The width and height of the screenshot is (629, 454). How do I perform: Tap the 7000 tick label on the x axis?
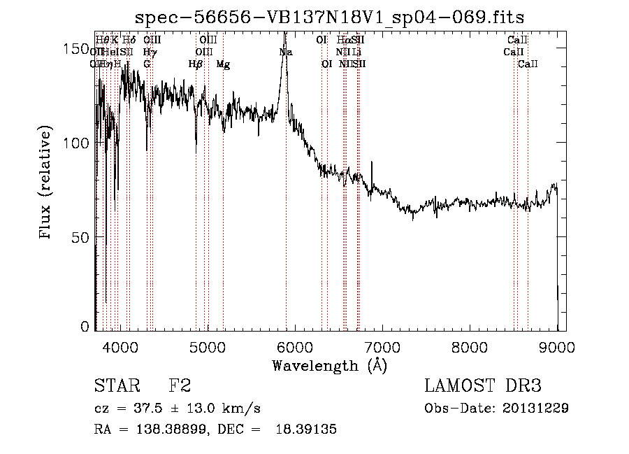[382, 346]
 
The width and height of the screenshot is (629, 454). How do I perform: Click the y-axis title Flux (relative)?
[47, 184]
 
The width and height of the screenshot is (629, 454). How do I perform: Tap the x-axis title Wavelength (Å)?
[329, 365]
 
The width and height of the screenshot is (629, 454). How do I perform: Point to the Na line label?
[286, 52]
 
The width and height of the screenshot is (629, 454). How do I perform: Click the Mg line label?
[223, 64]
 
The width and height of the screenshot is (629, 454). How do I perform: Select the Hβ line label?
[196, 64]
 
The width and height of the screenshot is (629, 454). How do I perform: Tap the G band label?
[147, 64]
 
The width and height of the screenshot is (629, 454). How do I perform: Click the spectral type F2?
[180, 386]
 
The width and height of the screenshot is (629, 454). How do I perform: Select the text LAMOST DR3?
[483, 386]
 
